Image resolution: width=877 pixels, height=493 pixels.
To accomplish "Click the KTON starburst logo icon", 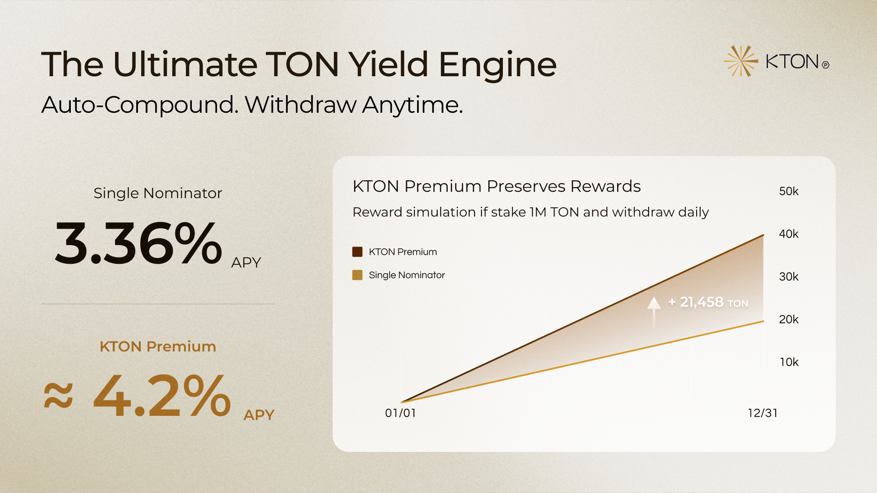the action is pyautogui.click(x=740, y=61).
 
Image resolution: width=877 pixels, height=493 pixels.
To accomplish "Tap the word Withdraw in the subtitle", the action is pyautogui.click(x=301, y=105).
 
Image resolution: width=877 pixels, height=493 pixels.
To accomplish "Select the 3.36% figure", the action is pyautogui.click(x=138, y=242).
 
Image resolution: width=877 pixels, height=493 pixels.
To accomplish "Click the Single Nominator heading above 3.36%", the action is pyautogui.click(x=158, y=193).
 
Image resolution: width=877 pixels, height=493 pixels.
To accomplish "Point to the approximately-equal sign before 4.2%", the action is pyautogui.click(x=58, y=395).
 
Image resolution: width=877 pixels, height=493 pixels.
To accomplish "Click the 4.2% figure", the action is pyautogui.click(x=162, y=395).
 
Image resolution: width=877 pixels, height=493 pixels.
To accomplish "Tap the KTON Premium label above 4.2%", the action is pyautogui.click(x=158, y=346).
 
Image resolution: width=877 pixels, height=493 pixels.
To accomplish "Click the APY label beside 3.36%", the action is pyautogui.click(x=246, y=262).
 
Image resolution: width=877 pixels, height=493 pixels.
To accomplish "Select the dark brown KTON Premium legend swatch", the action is pyautogui.click(x=357, y=252).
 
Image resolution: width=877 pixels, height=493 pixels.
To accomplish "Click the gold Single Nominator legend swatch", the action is pyautogui.click(x=357, y=275).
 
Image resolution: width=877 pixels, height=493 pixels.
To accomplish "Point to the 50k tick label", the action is pyautogui.click(x=789, y=191).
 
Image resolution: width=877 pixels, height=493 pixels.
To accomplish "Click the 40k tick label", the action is pyautogui.click(x=789, y=234).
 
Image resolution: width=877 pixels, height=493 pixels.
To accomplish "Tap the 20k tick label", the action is pyautogui.click(x=789, y=320).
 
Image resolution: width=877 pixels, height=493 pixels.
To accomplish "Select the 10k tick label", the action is pyautogui.click(x=789, y=362).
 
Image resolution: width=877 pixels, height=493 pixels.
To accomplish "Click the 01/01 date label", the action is pyautogui.click(x=401, y=413).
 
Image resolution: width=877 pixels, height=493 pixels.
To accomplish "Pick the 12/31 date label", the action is pyautogui.click(x=763, y=413).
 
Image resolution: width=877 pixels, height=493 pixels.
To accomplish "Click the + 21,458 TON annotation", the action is pyautogui.click(x=708, y=302).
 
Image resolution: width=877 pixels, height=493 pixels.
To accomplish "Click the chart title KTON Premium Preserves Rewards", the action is pyautogui.click(x=497, y=187).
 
